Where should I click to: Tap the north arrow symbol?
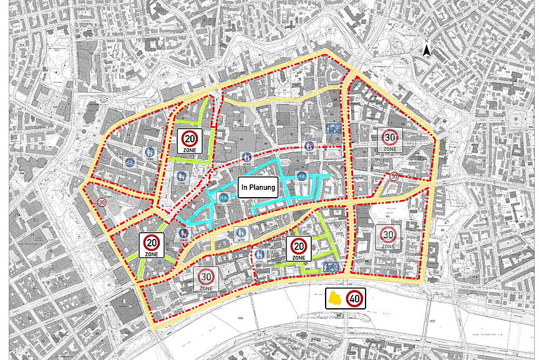(426, 50)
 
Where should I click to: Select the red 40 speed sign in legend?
(355, 298)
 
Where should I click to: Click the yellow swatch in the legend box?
(336, 298)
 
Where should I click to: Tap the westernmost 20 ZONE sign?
(152, 245)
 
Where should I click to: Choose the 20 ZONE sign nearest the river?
(298, 248)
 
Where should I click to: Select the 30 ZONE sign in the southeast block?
(388, 237)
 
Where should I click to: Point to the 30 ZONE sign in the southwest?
(206, 279)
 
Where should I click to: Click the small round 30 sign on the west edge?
(102, 202)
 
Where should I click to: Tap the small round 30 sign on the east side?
(394, 177)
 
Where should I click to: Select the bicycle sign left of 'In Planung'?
(223, 198)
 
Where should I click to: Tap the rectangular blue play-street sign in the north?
(332, 130)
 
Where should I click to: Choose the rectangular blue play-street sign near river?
(331, 266)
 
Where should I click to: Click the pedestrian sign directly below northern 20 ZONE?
(182, 177)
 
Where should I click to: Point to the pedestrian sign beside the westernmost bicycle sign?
(150, 152)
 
